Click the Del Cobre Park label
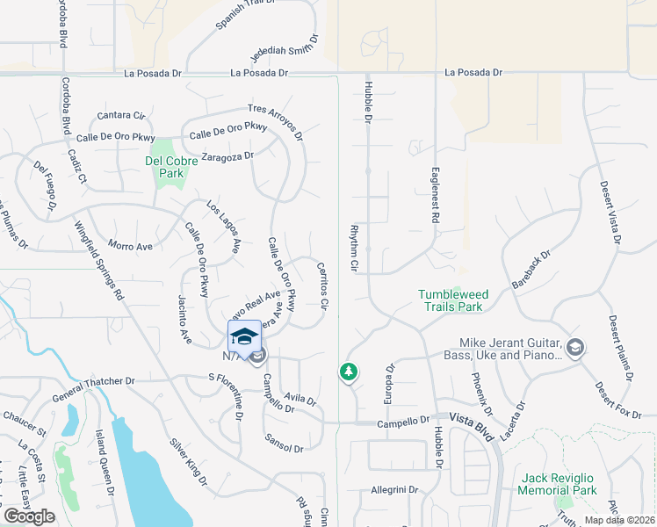coord(164,167)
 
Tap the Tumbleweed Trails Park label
coord(451,300)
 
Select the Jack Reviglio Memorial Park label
coord(558,484)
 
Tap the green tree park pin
coord(349,372)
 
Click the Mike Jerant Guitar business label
coord(509,349)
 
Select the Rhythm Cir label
coord(355,246)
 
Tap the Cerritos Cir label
coord(323,285)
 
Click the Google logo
coord(30,516)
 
